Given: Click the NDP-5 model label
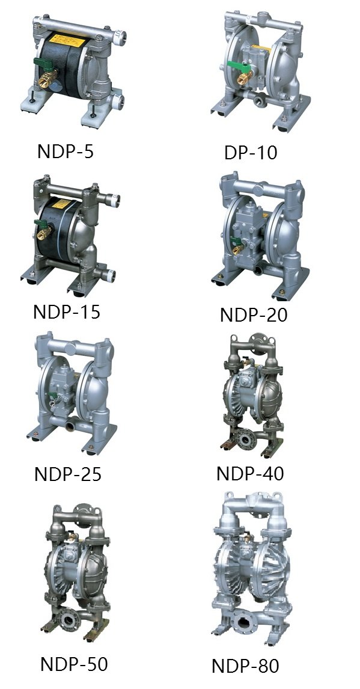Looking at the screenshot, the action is (66, 151).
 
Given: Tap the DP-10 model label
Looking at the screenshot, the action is (251, 153).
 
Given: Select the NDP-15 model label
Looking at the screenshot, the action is (67, 311).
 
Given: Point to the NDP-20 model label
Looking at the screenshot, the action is (254, 314).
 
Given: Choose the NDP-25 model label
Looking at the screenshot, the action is (68, 474).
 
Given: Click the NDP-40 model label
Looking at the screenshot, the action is (250, 473).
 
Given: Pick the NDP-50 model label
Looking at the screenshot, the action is (74, 664).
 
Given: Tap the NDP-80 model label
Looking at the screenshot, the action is (245, 666).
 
